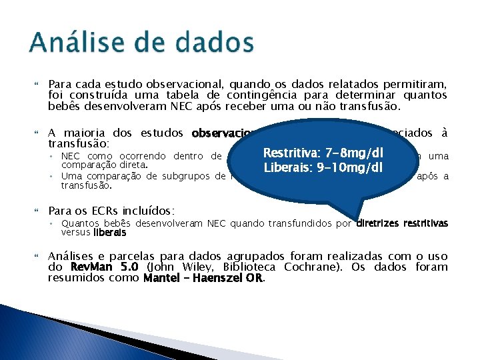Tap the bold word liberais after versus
(x=109, y=233)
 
